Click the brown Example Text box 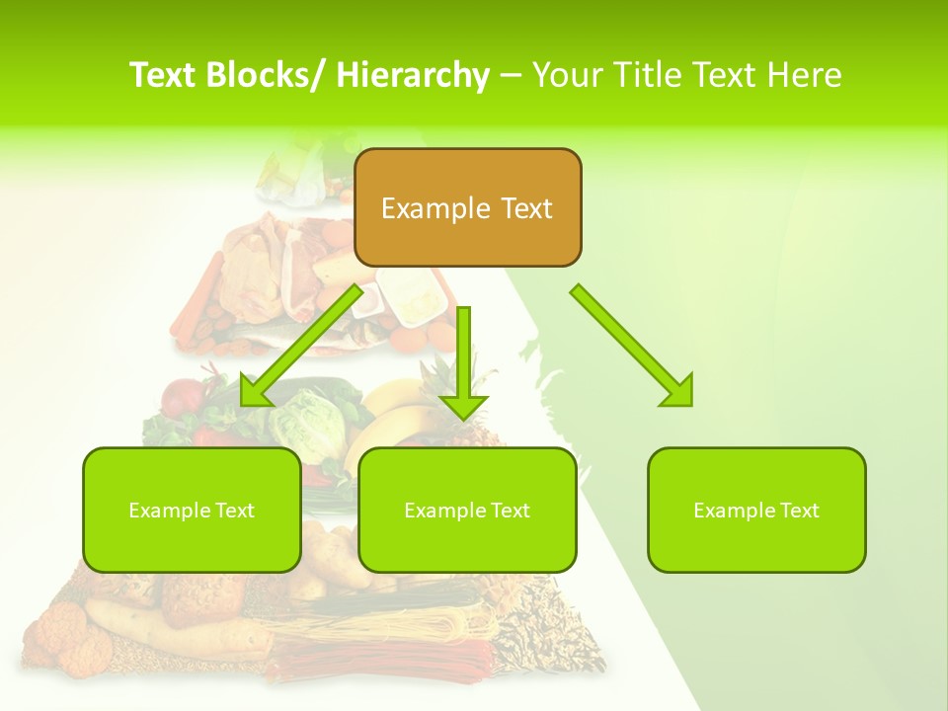467,207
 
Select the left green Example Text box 192,510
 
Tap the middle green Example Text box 467,510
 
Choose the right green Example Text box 756,510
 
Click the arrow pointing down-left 301,346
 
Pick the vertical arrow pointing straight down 463,360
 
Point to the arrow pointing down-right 632,346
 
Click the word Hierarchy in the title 413,75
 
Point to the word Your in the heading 567,75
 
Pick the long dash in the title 511,75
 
